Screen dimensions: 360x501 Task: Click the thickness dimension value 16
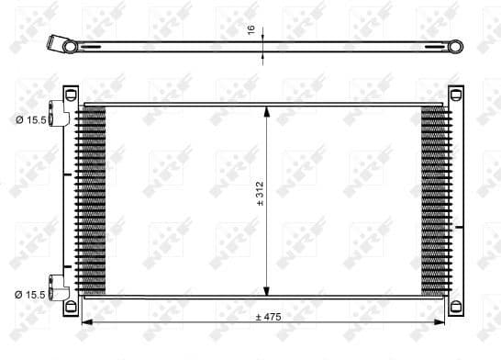click(251, 29)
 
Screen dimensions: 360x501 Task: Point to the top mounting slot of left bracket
click(71, 92)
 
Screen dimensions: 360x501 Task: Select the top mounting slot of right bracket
click(456, 92)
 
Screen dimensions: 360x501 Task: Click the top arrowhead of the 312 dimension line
click(267, 112)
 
